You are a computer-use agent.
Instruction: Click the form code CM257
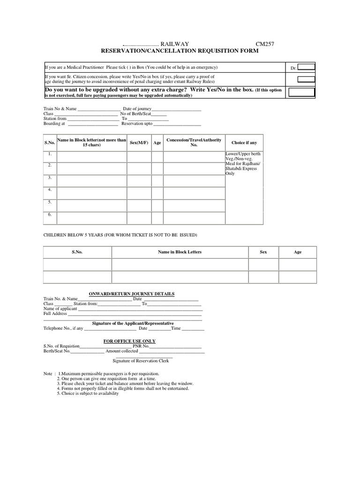click(x=264, y=44)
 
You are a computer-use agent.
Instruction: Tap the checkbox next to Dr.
click(x=307, y=67)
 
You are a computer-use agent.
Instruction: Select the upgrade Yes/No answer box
click(x=301, y=91)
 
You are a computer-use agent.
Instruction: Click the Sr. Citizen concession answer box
click(x=307, y=79)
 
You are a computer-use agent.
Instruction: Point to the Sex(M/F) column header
click(x=139, y=142)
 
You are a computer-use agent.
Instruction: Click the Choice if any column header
click(x=244, y=142)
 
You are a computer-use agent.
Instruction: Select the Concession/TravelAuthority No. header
click(x=194, y=142)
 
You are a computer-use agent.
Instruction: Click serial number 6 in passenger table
click(x=49, y=214)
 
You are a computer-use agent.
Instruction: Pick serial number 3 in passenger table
click(x=49, y=178)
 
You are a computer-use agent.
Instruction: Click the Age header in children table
click(x=298, y=252)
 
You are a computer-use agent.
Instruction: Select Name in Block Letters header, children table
click(x=180, y=252)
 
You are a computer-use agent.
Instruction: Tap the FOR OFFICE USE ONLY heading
click(x=129, y=341)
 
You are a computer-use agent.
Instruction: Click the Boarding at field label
click(x=54, y=124)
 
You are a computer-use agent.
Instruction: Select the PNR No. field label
click(x=139, y=346)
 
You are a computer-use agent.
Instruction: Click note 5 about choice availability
click(x=88, y=393)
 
